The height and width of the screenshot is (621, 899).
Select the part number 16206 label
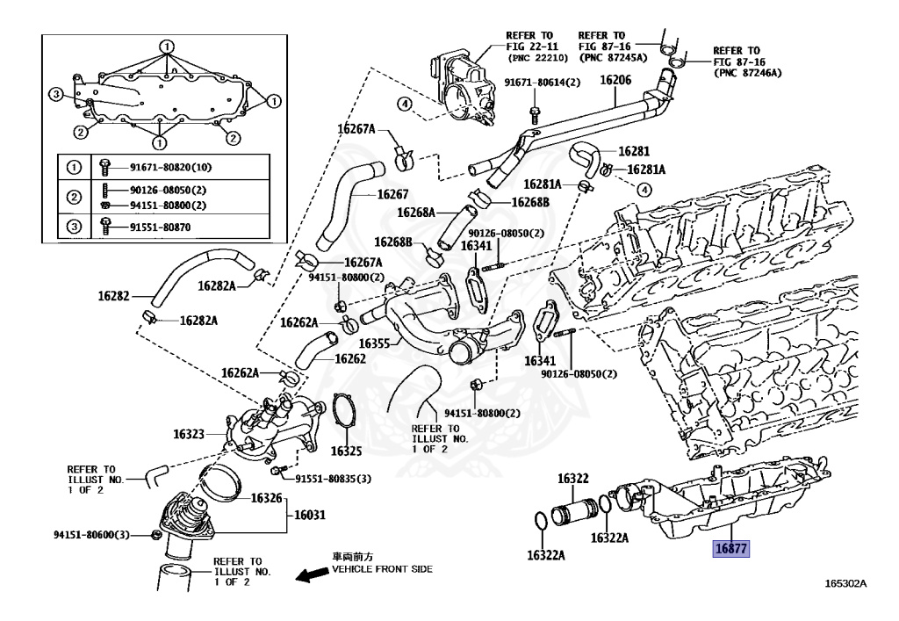point(615,80)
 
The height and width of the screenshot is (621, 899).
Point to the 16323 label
point(189,434)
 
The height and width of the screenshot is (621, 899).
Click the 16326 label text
point(266,498)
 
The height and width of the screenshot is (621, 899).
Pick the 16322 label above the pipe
point(572,480)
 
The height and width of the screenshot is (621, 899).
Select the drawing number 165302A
point(845,583)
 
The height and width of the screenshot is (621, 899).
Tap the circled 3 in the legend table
point(75,227)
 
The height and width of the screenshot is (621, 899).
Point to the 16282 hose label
point(112,297)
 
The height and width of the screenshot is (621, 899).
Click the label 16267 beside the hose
point(393,194)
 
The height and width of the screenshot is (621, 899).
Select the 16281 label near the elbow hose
point(633,150)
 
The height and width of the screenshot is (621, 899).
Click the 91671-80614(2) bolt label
point(543,83)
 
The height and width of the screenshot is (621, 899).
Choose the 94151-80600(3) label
point(91,535)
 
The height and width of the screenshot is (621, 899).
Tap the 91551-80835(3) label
point(333,479)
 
